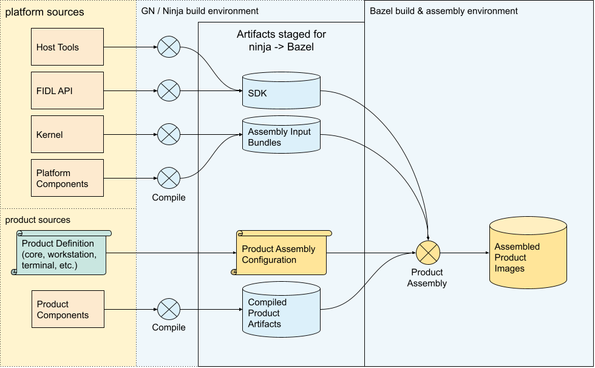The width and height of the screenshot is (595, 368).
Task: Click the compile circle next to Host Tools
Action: (169, 47)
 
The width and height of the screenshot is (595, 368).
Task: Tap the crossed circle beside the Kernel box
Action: (169, 134)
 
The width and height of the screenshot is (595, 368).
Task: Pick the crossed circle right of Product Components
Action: (169, 309)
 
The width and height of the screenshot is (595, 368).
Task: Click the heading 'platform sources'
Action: (44, 12)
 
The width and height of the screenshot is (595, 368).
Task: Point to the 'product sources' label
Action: (38, 220)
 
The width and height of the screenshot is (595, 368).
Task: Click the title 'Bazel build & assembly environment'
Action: (444, 11)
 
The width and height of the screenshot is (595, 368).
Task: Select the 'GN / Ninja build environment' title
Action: (200, 11)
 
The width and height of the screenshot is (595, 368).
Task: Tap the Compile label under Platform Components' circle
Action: (169, 197)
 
